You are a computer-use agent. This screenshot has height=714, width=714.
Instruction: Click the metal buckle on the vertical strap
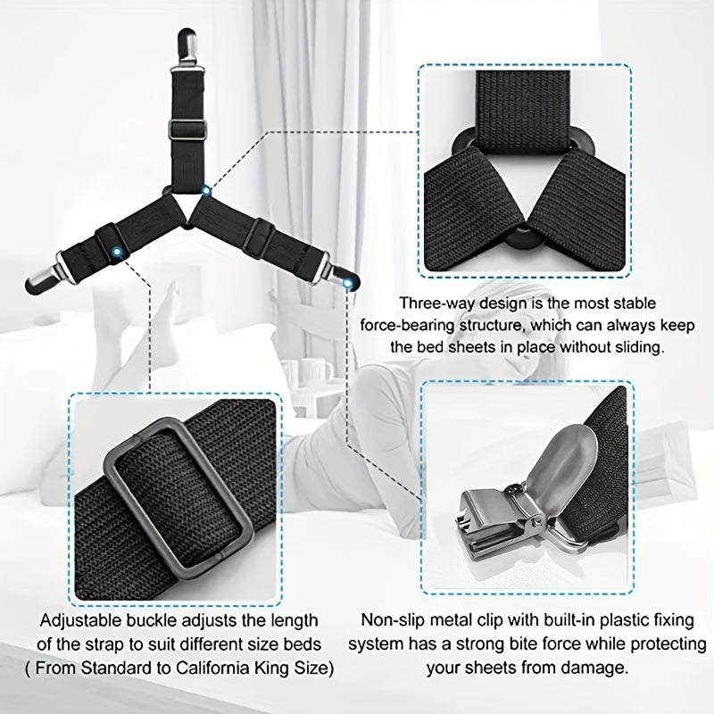click(187, 129)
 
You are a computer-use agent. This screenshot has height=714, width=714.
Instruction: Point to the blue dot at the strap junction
click(206, 191)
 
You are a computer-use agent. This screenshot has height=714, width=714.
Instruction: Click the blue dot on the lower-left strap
click(118, 252)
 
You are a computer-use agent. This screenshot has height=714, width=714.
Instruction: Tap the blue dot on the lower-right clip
click(348, 284)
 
